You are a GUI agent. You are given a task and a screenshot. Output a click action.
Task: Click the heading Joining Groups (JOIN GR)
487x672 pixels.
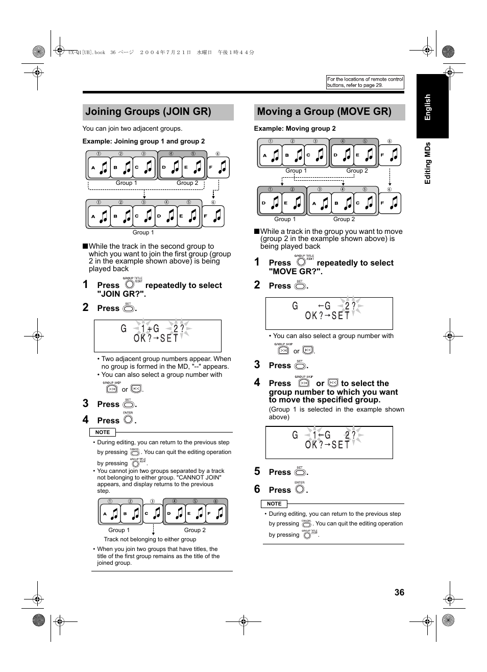(x=148, y=112)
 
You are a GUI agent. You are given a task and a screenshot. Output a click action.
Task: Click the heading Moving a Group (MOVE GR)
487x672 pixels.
(x=324, y=112)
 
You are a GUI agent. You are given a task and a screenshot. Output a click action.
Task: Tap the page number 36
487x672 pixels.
(x=399, y=592)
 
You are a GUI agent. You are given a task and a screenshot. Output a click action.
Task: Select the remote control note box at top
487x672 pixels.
(x=365, y=82)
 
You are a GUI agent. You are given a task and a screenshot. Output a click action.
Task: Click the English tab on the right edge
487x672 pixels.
(x=428, y=107)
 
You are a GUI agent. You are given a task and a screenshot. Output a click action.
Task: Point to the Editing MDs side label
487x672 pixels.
(x=428, y=163)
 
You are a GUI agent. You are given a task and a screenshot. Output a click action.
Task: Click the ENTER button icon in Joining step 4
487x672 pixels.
(x=128, y=420)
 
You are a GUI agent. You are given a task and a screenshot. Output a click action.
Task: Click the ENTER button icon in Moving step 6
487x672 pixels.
(x=300, y=489)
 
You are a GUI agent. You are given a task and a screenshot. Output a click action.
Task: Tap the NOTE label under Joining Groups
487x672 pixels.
(x=103, y=432)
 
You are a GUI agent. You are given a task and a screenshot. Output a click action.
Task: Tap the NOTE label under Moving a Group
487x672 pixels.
(x=274, y=503)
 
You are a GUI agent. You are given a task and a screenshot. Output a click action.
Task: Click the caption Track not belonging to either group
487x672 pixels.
(x=150, y=539)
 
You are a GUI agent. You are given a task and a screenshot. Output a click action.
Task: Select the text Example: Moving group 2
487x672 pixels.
(x=295, y=129)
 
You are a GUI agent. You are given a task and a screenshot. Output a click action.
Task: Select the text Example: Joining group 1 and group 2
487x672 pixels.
(x=143, y=141)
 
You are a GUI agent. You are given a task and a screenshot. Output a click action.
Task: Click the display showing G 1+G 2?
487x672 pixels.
(x=157, y=335)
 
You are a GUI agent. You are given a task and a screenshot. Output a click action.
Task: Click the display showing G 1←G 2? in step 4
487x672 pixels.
(x=329, y=442)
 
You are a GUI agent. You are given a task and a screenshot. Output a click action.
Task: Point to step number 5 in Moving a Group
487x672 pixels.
(x=257, y=471)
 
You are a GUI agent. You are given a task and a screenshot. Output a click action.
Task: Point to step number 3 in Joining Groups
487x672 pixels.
(x=86, y=403)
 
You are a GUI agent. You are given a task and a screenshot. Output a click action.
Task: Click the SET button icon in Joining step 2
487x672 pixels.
(x=128, y=308)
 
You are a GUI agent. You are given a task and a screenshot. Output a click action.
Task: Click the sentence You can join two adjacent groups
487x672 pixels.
(x=132, y=129)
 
